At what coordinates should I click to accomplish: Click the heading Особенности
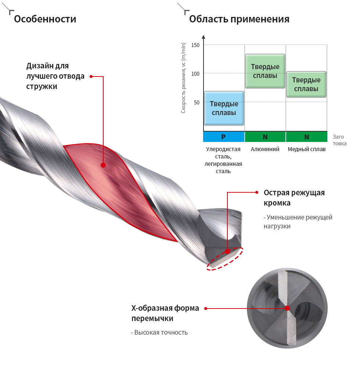point(45,19)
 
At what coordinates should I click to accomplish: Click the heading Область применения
point(239,19)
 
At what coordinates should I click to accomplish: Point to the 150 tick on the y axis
point(195,45)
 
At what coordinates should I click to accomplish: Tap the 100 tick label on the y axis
point(195,74)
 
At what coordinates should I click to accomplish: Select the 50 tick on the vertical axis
point(197,103)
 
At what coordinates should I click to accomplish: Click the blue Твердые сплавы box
point(224,108)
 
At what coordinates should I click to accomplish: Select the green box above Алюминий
point(265,71)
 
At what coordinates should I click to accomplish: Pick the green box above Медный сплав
point(306,84)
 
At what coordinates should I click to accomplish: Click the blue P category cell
point(224,137)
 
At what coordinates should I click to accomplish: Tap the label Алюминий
point(265,149)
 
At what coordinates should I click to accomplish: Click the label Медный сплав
point(306,149)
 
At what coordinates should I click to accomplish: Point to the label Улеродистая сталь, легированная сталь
point(223,160)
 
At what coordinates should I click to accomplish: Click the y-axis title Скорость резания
point(183,78)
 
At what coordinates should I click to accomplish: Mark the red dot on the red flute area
point(103,165)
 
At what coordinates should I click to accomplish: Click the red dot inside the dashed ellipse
point(227,252)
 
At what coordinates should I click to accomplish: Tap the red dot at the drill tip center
point(287,309)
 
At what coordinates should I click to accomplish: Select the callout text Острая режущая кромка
point(294,198)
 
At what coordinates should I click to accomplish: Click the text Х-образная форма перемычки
point(165,313)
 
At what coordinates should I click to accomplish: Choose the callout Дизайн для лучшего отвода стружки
point(55,76)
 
